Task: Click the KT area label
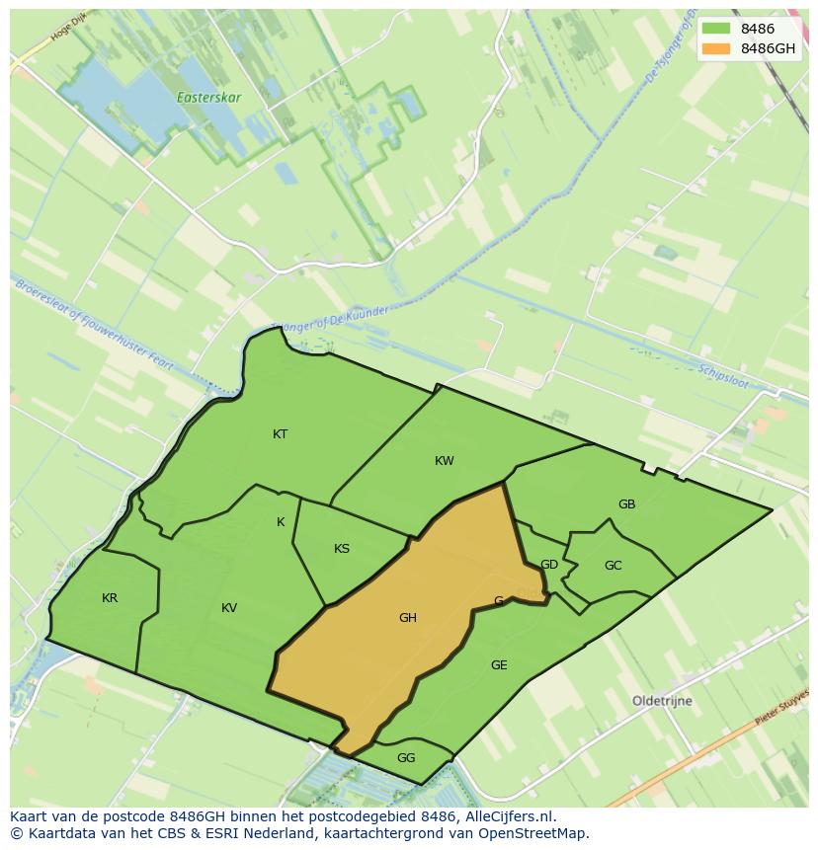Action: tap(281, 434)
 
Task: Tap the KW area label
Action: tap(445, 461)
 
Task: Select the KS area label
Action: tap(342, 549)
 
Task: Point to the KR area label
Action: tap(110, 598)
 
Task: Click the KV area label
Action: tap(229, 608)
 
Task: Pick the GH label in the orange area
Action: tap(408, 618)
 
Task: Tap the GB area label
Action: tap(626, 504)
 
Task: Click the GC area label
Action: tap(613, 566)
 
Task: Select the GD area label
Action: tap(549, 565)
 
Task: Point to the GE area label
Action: tap(499, 665)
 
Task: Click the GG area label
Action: tap(406, 758)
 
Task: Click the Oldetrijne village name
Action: tap(662, 701)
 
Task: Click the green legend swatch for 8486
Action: tap(716, 30)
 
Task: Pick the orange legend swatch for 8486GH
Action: tap(716, 48)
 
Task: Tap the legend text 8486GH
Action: tap(771, 48)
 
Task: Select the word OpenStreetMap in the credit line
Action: tap(535, 833)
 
